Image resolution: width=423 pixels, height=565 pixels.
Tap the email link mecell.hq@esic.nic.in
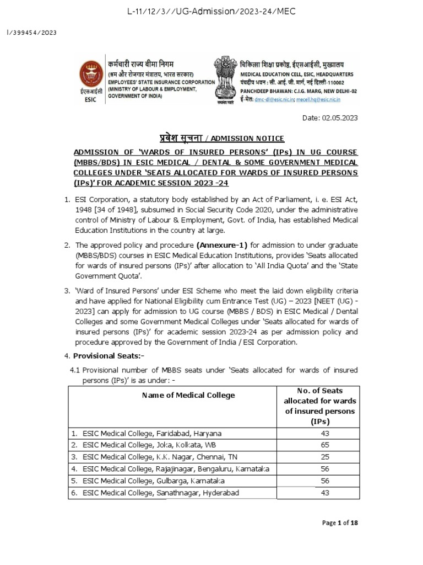coord(319,99)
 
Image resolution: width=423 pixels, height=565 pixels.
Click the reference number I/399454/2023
coord(31,32)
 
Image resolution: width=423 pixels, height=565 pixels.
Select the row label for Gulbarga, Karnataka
coord(147,481)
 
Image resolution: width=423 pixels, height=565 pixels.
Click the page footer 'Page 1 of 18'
coord(340,523)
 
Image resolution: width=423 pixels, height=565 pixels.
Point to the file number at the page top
coord(211,11)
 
